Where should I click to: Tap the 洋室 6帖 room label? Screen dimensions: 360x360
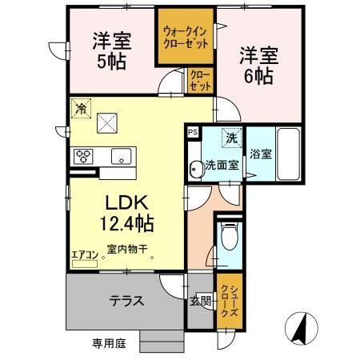[x=255, y=65]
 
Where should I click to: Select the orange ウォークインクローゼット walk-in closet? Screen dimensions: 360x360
[x=185, y=37]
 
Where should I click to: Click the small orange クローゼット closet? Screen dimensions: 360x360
[x=200, y=80]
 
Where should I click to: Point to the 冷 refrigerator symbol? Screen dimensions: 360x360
[x=80, y=106]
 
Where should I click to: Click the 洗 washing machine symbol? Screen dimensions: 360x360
[x=231, y=138]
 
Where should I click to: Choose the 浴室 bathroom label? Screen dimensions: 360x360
[x=259, y=153]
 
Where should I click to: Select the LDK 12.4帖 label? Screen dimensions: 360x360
[x=126, y=210]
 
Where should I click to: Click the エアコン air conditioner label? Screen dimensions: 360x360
[x=84, y=254]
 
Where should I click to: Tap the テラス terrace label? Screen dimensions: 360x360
[x=127, y=301]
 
